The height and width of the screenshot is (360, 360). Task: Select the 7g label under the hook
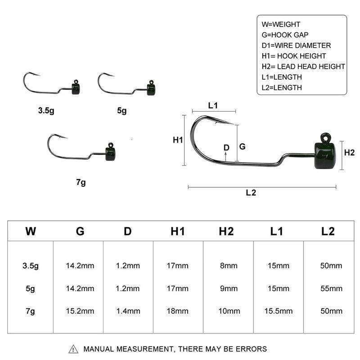(x=81, y=182)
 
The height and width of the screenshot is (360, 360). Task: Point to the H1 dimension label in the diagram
(x=178, y=140)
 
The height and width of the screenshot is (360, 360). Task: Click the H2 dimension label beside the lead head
(x=349, y=153)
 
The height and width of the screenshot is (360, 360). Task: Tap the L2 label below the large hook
(x=251, y=193)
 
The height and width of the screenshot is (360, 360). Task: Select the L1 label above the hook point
(x=213, y=105)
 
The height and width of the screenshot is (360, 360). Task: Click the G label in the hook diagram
(x=242, y=146)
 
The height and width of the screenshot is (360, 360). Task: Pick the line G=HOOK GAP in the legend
(x=285, y=35)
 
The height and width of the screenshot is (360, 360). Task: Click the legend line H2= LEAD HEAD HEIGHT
(x=303, y=66)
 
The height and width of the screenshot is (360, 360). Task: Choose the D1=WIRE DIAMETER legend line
(x=296, y=45)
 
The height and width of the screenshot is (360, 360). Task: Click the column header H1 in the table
(x=178, y=231)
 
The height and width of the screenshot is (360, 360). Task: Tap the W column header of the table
(x=31, y=231)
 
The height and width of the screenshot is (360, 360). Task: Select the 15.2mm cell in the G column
(x=80, y=311)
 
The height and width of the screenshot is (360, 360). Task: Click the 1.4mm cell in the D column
(x=128, y=311)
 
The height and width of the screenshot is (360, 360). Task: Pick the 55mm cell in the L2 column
(x=331, y=288)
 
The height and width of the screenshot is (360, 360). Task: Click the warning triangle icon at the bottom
(x=73, y=349)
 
